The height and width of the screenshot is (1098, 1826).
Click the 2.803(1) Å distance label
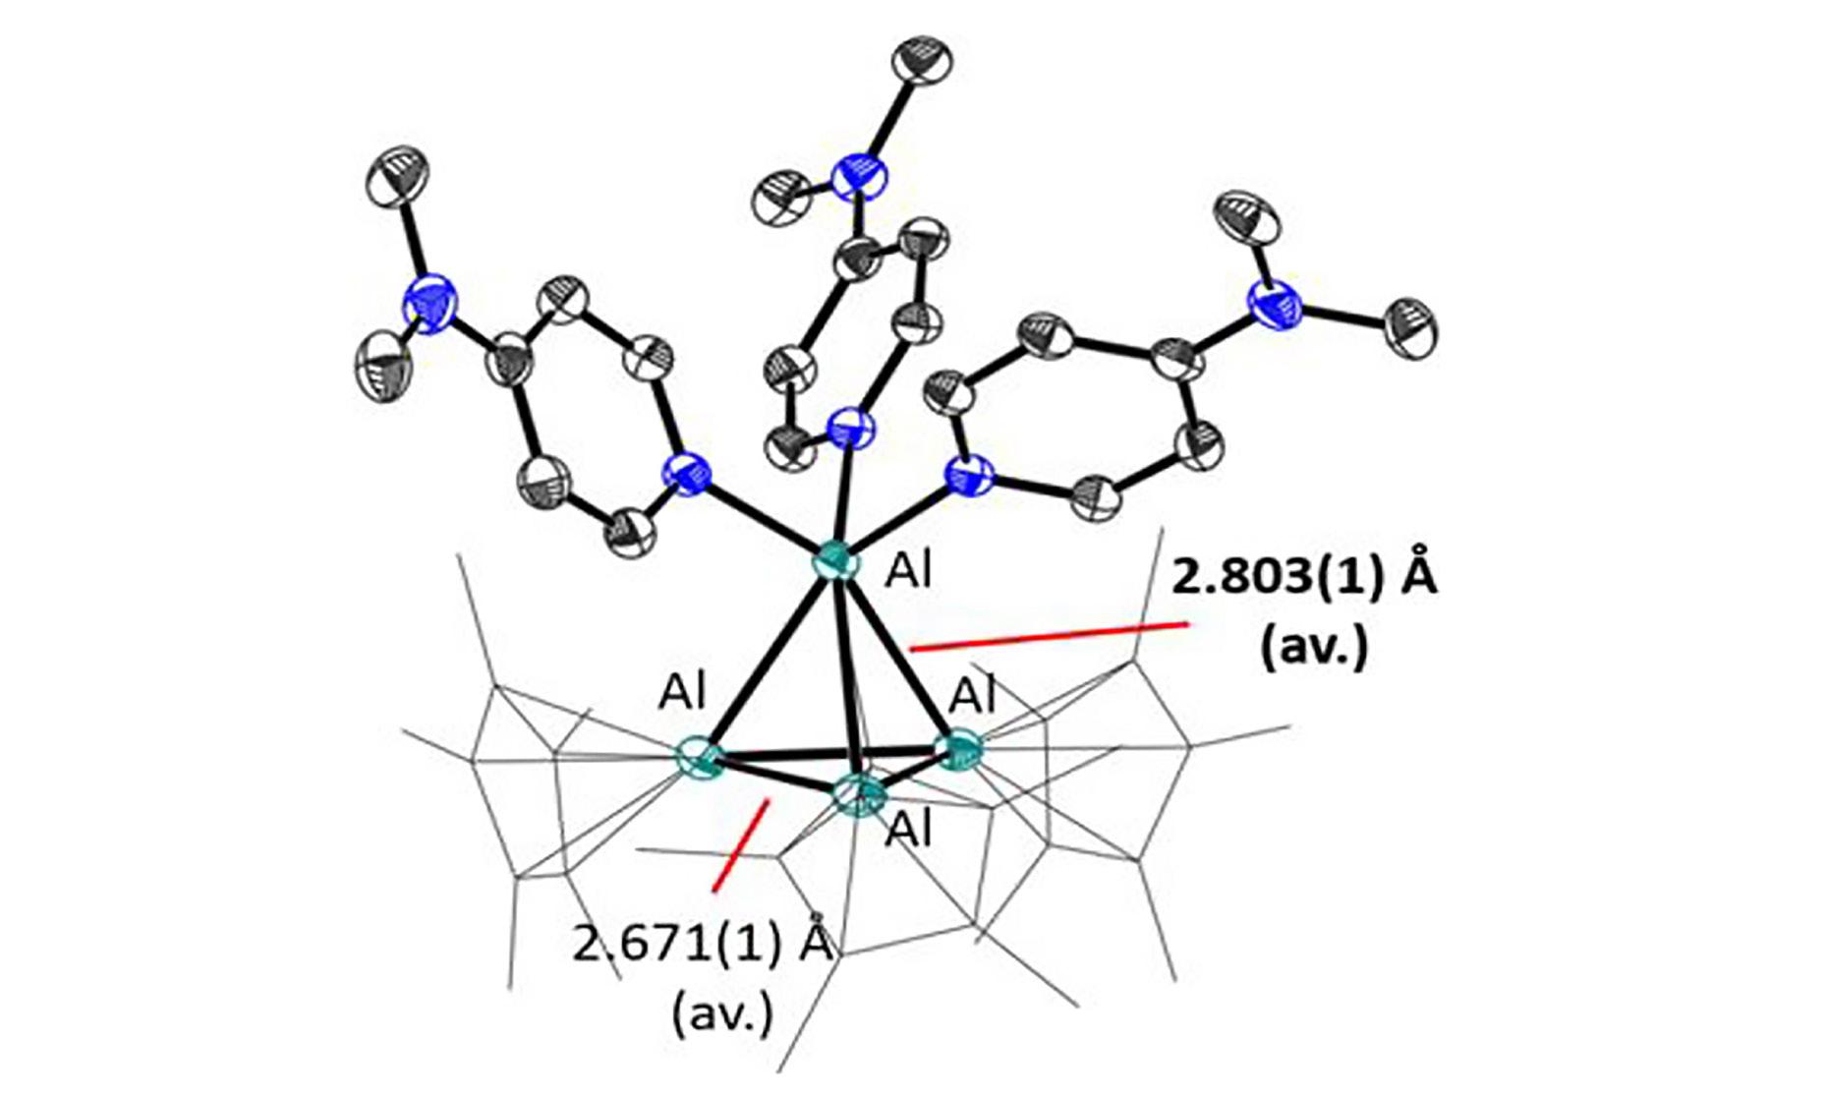1303,579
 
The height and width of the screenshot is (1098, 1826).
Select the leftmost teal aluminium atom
701,758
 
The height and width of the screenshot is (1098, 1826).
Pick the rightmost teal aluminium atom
960,750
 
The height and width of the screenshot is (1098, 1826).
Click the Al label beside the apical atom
909,571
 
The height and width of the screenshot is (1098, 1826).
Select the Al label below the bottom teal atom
909,832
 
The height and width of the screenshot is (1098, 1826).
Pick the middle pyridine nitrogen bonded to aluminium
850,430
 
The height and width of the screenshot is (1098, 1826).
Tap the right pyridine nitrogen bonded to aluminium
969,476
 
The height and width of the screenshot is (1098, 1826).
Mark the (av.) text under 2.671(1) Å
722,1012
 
